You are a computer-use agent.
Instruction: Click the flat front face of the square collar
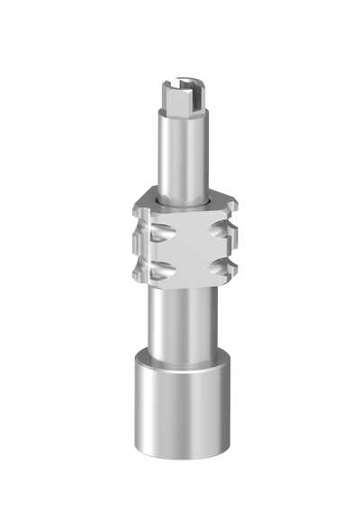tap(186, 246)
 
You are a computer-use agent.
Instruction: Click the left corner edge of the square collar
tap(138, 247)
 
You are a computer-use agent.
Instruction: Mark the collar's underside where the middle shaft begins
tap(185, 286)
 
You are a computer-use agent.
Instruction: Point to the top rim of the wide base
tap(185, 362)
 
